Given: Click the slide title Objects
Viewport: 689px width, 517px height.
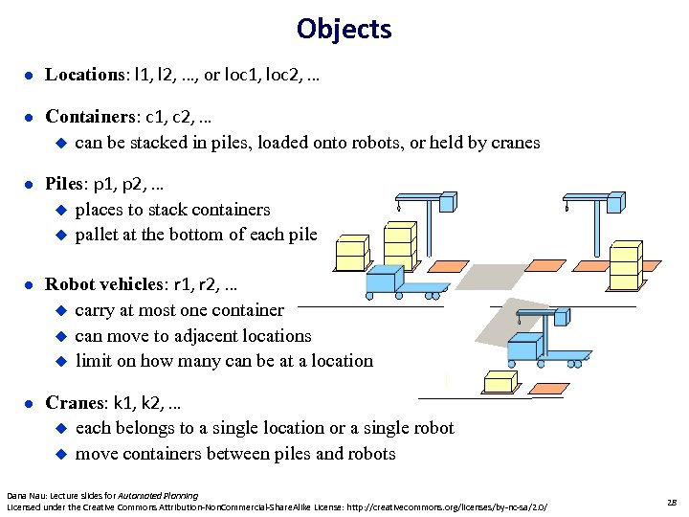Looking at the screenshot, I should [x=344, y=29].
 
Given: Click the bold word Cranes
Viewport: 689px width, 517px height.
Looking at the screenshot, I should [x=76, y=403].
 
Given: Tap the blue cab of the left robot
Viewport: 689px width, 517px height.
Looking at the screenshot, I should [x=385, y=279].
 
